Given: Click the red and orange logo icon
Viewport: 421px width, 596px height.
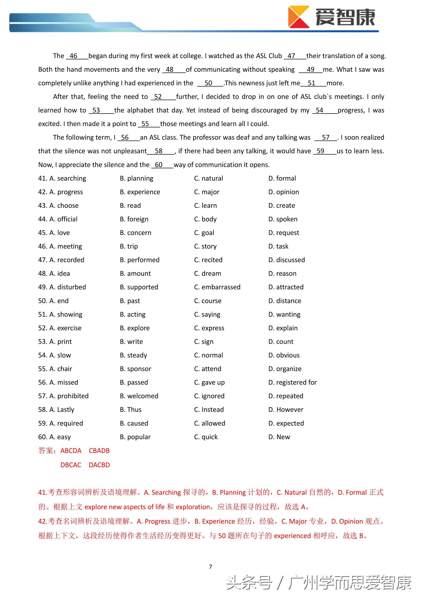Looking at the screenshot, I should click(x=299, y=17).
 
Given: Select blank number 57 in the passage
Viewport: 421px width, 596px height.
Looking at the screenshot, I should click(x=326, y=138).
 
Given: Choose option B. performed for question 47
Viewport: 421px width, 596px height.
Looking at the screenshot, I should click(x=139, y=260).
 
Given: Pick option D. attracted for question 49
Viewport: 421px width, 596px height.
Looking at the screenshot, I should click(x=286, y=287).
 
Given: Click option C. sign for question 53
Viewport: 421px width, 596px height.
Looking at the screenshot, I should click(x=204, y=342).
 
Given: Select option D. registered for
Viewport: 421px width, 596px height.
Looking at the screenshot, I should click(x=292, y=382).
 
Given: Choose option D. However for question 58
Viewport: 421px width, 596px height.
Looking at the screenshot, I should click(x=286, y=410).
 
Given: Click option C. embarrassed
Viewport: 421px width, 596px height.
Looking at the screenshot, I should click(x=217, y=287).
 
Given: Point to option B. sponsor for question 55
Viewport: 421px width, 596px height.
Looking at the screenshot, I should click(x=135, y=369).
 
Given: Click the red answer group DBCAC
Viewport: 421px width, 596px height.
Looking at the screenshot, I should click(x=71, y=465).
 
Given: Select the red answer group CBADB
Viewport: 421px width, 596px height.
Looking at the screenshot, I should click(x=99, y=451).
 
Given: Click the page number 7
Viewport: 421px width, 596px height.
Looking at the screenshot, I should click(x=210, y=567).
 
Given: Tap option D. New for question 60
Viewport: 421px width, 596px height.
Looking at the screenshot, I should click(x=279, y=437).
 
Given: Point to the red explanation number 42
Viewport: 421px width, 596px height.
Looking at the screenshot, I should click(x=43, y=521).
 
